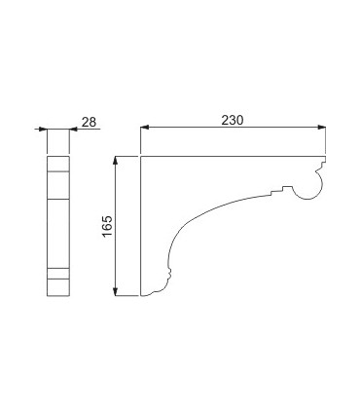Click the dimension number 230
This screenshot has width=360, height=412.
pyautogui.click(x=232, y=120)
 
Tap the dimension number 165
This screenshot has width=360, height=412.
pyautogui.click(x=107, y=226)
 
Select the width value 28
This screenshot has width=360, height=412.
pyautogui.click(x=89, y=122)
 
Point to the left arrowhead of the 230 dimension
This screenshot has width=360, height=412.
pyautogui.click(x=144, y=128)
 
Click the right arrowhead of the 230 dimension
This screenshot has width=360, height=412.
pyautogui.click(x=321, y=128)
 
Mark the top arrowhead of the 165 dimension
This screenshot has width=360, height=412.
pyautogui.click(x=115, y=161)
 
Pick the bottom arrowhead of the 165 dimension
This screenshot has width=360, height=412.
pyautogui.click(x=115, y=292)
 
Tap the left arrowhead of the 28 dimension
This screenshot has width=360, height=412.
pyautogui.click(x=43, y=130)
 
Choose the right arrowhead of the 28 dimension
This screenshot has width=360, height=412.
pyautogui.click(x=74, y=130)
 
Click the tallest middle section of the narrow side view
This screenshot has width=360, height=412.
pyautogui.click(x=58, y=234)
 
